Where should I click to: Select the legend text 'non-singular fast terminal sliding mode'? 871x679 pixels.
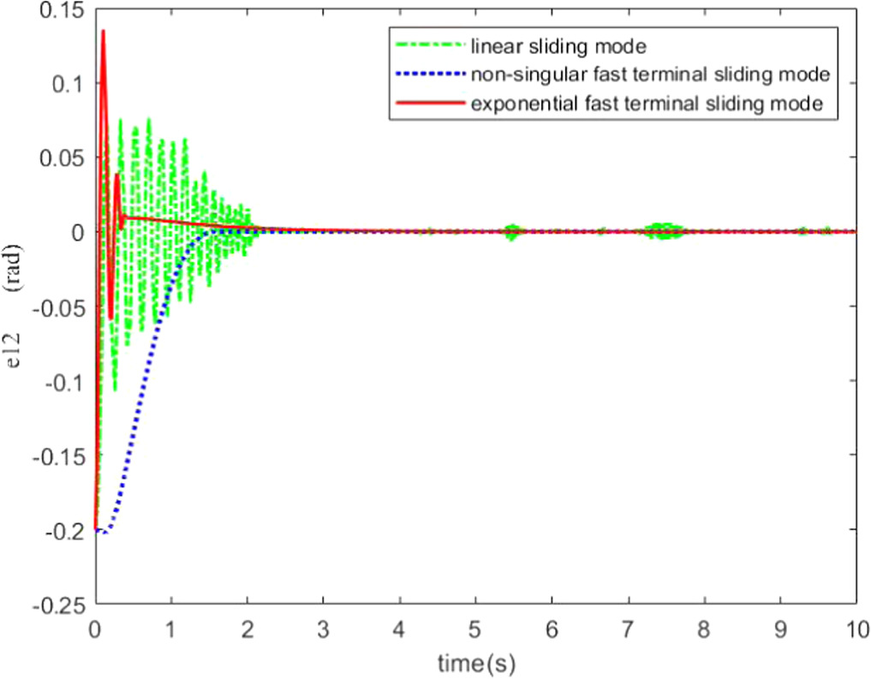click(x=650, y=74)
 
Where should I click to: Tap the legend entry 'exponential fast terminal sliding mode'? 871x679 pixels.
click(x=647, y=104)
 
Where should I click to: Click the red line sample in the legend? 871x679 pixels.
click(x=430, y=104)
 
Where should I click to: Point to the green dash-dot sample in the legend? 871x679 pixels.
click(x=430, y=44)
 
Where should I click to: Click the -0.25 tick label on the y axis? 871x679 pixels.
click(x=53, y=605)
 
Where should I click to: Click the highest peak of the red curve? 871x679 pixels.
click(x=104, y=31)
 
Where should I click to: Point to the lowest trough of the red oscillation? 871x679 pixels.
click(x=111, y=319)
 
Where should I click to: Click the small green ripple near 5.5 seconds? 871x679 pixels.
click(x=512, y=231)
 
